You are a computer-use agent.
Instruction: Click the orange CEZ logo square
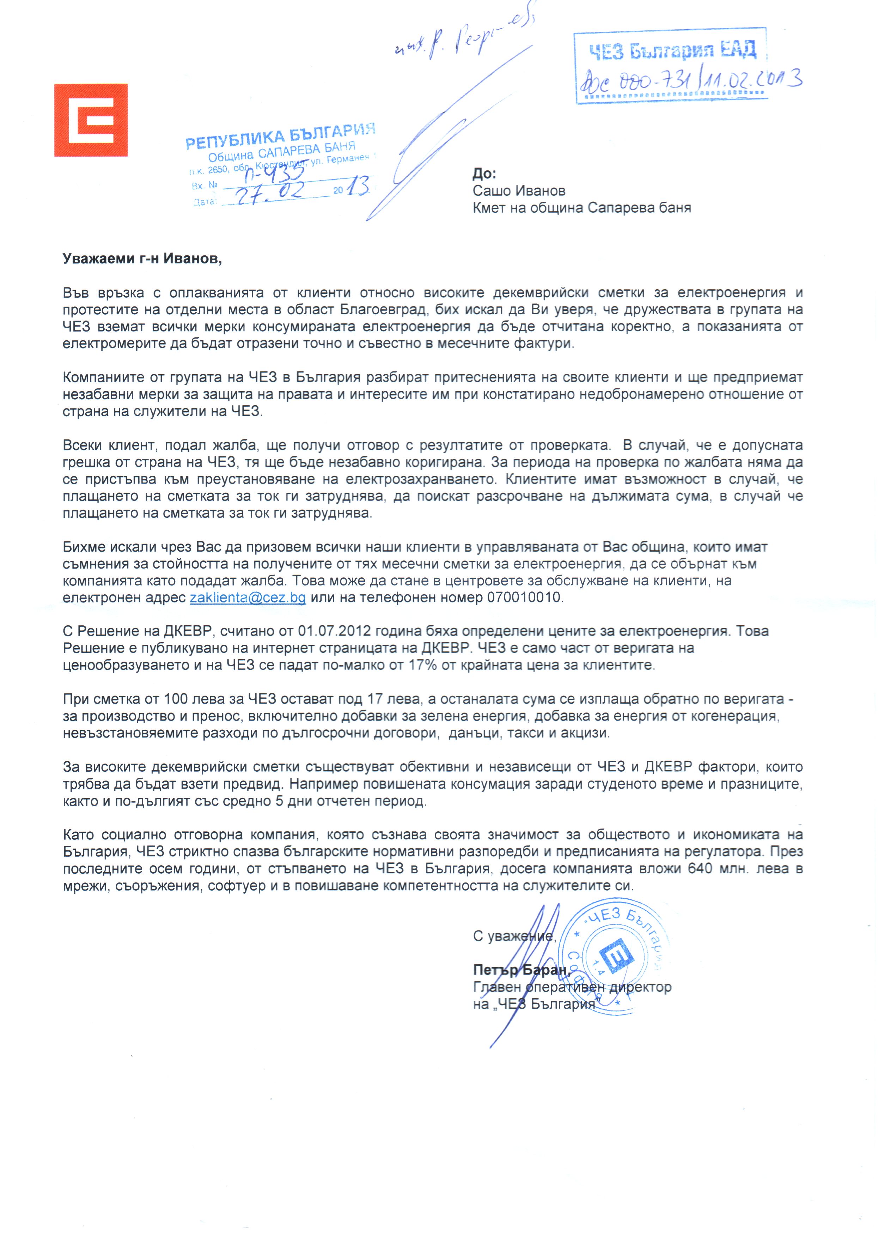pyautogui.click(x=91, y=120)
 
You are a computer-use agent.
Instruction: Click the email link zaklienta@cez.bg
pyautogui.click(x=248, y=597)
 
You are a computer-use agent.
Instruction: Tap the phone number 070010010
pyautogui.click(x=524, y=597)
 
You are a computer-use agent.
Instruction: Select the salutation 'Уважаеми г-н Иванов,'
pyautogui.click(x=142, y=259)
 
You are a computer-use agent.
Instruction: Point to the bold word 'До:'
pyautogui.click(x=484, y=174)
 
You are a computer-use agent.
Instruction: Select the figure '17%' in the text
pyautogui.click(x=422, y=665)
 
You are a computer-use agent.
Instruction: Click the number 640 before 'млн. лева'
pyautogui.click(x=703, y=869)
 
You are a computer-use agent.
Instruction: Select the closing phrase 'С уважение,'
pyautogui.click(x=514, y=936)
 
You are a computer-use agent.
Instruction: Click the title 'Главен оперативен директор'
pyautogui.click(x=572, y=987)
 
